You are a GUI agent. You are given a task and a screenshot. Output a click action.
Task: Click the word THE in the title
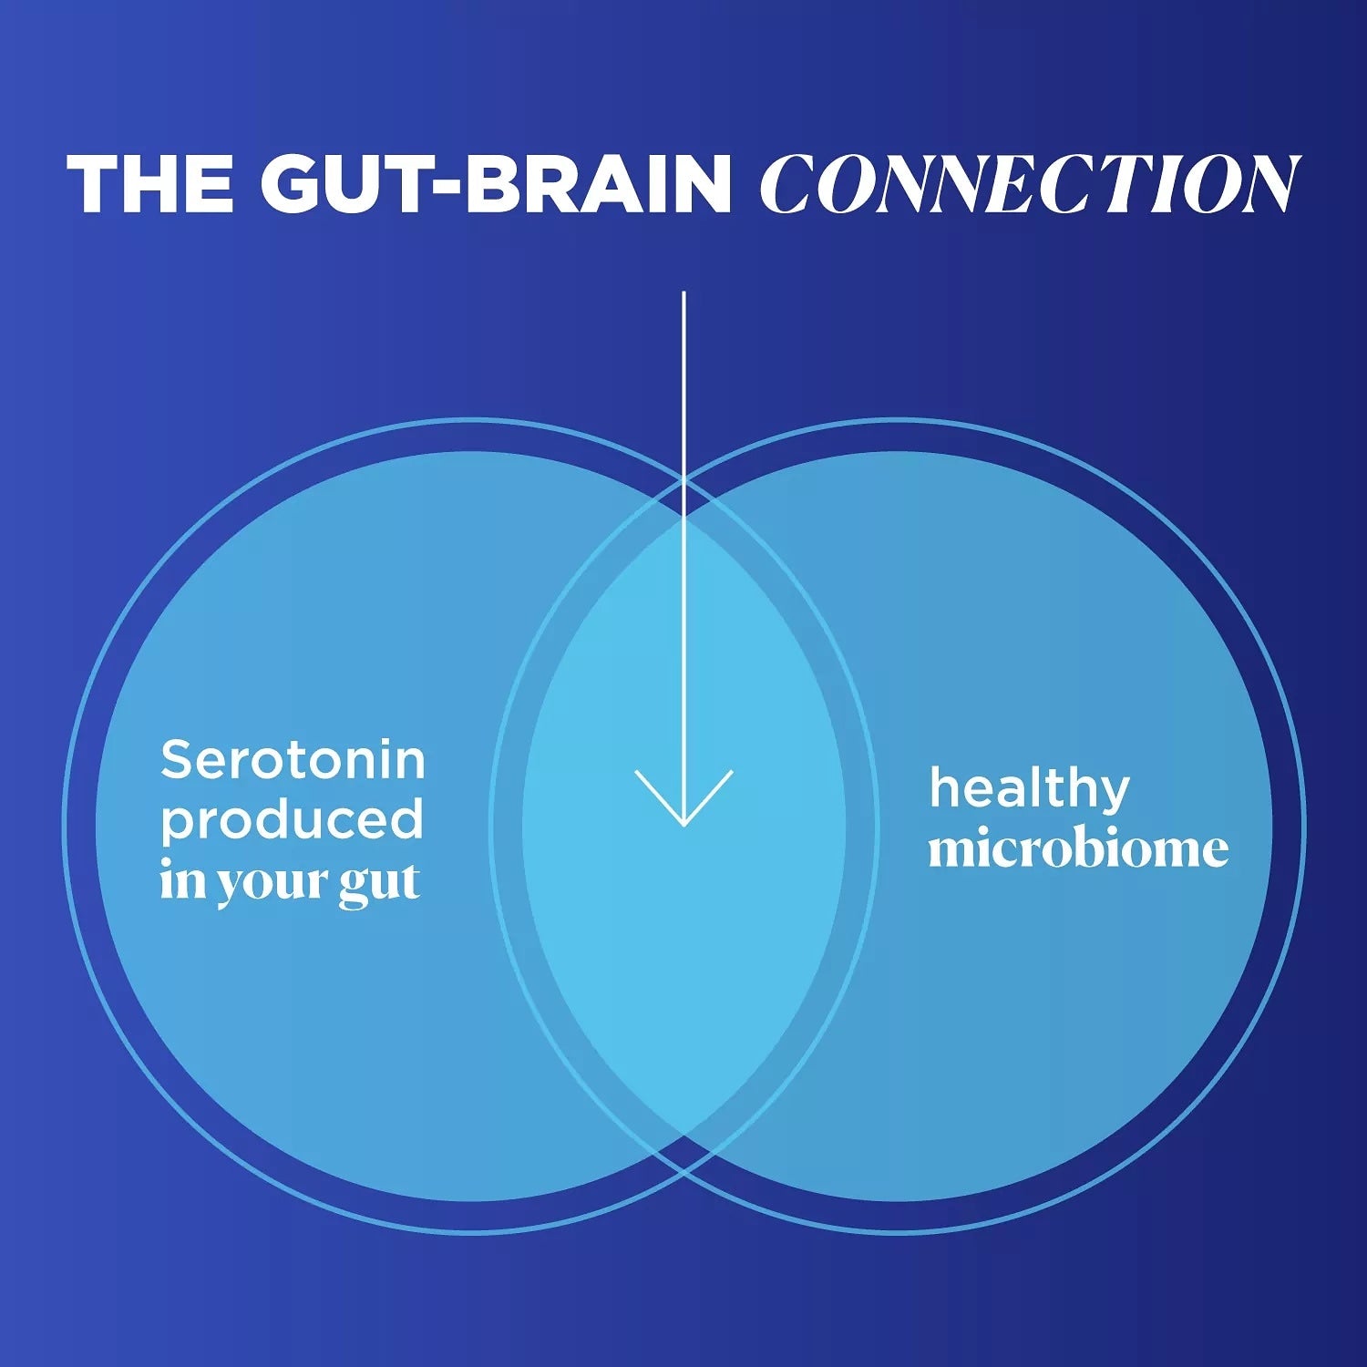[150, 184]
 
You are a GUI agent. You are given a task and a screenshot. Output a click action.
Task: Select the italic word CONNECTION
[1028, 184]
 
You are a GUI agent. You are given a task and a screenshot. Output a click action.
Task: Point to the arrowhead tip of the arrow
[683, 824]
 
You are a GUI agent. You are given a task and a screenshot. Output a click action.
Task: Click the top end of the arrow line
[683, 294]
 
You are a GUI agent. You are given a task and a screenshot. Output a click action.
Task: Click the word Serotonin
[293, 760]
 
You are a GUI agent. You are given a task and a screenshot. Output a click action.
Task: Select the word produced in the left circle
[292, 820]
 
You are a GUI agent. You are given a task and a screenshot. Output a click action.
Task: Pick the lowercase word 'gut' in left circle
[379, 882]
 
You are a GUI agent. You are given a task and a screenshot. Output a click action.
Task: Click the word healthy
[1029, 788]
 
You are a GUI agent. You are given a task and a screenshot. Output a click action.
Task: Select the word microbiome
[1078, 848]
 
